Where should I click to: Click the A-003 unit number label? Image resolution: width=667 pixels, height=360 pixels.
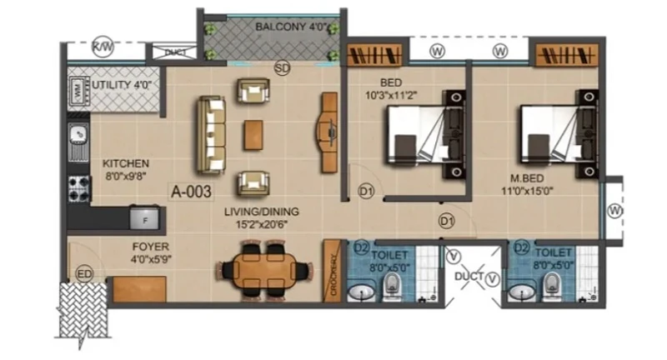(191, 192)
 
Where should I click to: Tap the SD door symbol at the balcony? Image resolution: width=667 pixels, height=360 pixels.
(282, 67)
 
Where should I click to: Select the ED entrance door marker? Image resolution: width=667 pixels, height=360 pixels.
(84, 274)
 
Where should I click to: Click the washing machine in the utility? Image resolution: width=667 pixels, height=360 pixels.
(78, 90)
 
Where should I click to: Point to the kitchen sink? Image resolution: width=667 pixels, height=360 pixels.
(78, 142)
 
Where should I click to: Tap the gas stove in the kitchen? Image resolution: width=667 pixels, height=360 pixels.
(79, 188)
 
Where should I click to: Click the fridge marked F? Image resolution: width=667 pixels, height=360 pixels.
(144, 219)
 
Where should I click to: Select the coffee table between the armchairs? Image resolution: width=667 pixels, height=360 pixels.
(253, 135)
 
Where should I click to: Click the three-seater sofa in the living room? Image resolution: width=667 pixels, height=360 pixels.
(210, 135)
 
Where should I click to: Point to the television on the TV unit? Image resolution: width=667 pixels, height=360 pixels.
(331, 132)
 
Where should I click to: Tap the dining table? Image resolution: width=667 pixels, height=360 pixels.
(263, 271)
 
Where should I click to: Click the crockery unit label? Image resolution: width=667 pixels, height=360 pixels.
(333, 274)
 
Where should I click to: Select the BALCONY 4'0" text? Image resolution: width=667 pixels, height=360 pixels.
(291, 27)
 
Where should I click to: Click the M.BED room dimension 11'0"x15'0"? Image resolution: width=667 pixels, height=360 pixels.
(527, 191)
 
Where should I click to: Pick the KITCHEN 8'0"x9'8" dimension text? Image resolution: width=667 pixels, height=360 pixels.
(126, 176)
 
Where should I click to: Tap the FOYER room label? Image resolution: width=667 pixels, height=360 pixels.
(151, 247)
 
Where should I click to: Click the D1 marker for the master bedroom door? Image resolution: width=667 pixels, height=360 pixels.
(447, 221)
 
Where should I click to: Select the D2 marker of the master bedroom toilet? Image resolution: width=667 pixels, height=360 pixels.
(521, 247)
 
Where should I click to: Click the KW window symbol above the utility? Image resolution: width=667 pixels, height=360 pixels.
(103, 47)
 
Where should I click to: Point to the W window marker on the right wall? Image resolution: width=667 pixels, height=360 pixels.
(614, 210)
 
